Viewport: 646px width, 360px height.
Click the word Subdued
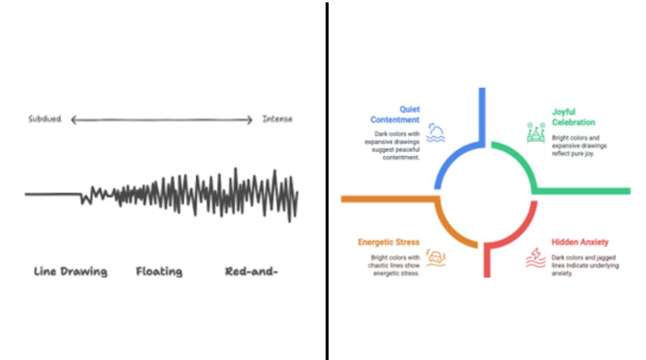coord(45,119)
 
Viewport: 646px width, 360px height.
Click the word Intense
coord(277,119)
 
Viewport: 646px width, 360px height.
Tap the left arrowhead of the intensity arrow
coord(73,120)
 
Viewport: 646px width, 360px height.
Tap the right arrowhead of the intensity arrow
coord(250,120)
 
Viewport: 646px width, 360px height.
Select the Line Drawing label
coord(70,271)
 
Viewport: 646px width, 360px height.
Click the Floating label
coord(159,271)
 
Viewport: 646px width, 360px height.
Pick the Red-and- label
coord(252,271)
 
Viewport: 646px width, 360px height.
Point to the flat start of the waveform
coord(53,194)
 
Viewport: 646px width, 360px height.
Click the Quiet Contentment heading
coord(394,114)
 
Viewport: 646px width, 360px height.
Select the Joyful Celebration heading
coord(573,117)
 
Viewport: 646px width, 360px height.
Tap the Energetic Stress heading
coord(388,242)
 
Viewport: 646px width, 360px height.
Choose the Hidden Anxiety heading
coord(580,242)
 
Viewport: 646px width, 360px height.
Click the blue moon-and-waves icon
coord(435,133)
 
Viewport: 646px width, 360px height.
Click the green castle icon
coord(535,133)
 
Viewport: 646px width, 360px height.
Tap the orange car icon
coord(435,258)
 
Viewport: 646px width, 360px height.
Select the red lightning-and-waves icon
coord(535,258)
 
